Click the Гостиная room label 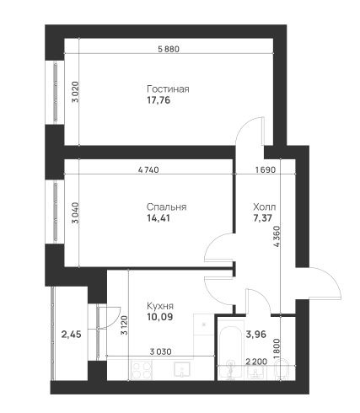pos(168,89)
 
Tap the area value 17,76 pos(159,100)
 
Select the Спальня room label pos(167,207)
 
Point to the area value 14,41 pos(159,218)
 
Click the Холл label pos(265,207)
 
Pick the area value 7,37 pos(263,218)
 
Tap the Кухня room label pos(160,306)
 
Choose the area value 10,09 pos(160,317)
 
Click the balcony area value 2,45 pos(72,335)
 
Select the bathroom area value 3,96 pos(256,334)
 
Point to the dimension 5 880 pos(169,49)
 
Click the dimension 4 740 pos(148,169)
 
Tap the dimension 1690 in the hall pos(266,169)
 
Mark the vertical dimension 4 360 pos(277,236)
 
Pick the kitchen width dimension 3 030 pos(160,351)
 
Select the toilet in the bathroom pos(282,369)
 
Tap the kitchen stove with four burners pos(142,370)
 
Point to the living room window pos(56,93)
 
